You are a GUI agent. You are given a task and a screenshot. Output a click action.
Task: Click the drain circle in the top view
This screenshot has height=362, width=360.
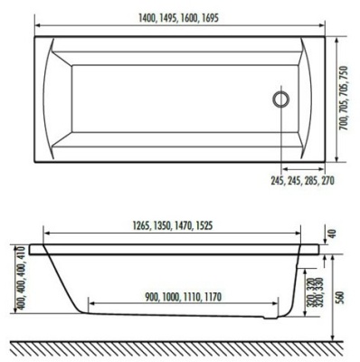pos(281,99)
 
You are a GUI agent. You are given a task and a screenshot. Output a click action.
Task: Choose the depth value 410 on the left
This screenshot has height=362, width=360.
pos(10,260)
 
